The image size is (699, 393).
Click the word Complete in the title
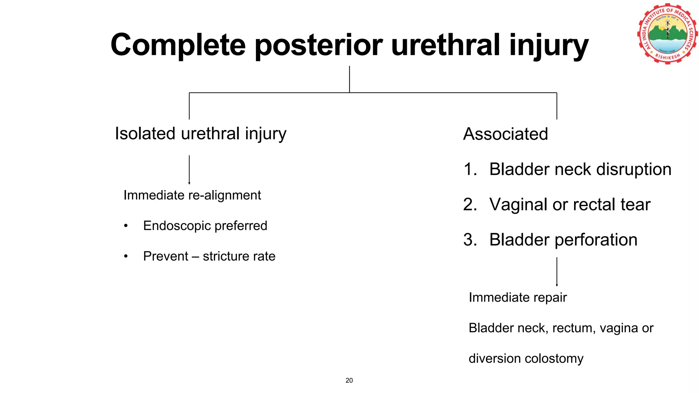point(178,45)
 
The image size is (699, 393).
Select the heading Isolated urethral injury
point(200,133)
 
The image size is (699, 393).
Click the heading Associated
point(505,134)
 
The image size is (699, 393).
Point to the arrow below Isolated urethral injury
point(189,170)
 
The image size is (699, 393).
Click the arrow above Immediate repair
point(557,272)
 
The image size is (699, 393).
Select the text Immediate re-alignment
point(192,195)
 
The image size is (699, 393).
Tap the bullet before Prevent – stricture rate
point(126,256)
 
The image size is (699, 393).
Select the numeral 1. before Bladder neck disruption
point(470,169)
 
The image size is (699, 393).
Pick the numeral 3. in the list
point(470,239)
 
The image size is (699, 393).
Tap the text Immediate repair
point(517,297)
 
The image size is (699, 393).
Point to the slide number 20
point(349,380)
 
